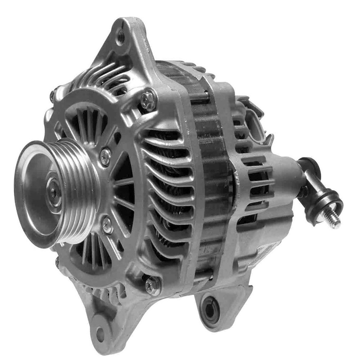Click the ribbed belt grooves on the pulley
pyautogui.click(x=81, y=191)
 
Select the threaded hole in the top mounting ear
pyautogui.click(x=121, y=36)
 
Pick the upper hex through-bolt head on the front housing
pyautogui.click(x=148, y=100)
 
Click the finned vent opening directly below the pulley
pyautogui.click(x=92, y=252)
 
